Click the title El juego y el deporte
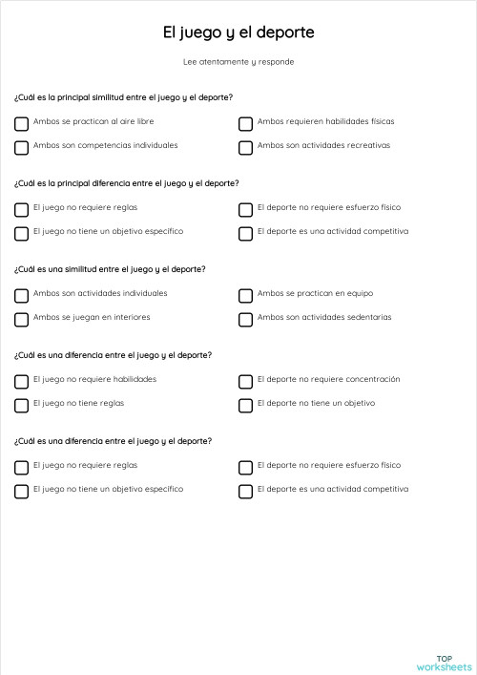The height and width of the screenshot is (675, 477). tap(238, 32)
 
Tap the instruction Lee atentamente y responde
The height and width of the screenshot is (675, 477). tap(238, 62)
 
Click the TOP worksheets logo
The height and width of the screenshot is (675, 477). tap(444, 662)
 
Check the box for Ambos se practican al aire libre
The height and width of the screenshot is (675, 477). tap(21, 123)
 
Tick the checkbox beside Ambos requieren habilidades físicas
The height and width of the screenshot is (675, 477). tap(245, 123)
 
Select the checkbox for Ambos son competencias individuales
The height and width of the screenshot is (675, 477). tap(21, 147)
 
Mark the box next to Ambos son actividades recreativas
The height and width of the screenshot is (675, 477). tap(245, 147)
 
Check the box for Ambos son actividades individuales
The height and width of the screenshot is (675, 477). tap(21, 295)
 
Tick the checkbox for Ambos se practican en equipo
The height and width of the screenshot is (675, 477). tap(245, 295)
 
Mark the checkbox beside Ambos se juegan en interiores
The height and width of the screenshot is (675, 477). tap(21, 319)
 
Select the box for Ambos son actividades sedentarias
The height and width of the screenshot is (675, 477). tap(245, 319)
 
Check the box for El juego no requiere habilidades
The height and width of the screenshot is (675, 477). tap(21, 381)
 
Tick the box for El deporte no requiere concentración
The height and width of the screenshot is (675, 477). tap(245, 381)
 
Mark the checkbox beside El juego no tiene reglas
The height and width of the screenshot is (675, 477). tap(21, 405)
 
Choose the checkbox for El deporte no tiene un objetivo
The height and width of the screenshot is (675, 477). tap(245, 405)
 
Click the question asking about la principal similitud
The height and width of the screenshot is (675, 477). tap(124, 97)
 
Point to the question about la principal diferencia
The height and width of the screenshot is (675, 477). tap(127, 183)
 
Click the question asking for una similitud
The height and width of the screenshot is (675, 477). tap(110, 269)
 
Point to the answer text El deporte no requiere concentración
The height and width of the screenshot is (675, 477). tap(328, 380)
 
